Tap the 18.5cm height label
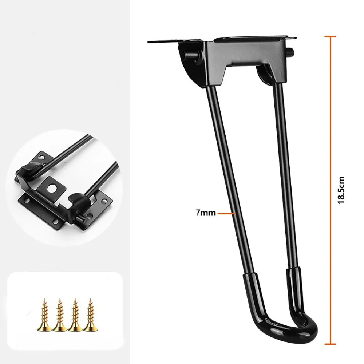[341, 190]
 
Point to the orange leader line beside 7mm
[225, 214]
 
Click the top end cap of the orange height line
[330, 36]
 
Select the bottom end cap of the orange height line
[330, 343]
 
